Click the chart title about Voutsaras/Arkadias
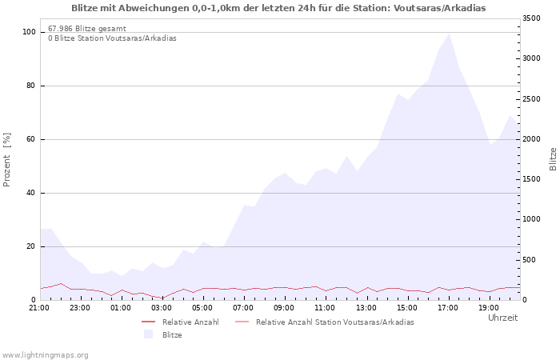pyautogui.click(x=278, y=8)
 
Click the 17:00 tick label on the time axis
pyautogui.click(x=448, y=308)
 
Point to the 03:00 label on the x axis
pyautogui.click(x=162, y=308)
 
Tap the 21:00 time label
pyautogui.click(x=39, y=308)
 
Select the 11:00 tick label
pyautogui.click(x=325, y=308)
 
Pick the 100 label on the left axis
pyautogui.click(x=29, y=32)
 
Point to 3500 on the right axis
pyautogui.click(x=531, y=18)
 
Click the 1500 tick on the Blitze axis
pyautogui.click(x=531, y=179)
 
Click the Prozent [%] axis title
pyautogui.click(x=6, y=160)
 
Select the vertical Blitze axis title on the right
pyautogui.click(x=553, y=159)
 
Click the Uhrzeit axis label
pyautogui.click(x=503, y=318)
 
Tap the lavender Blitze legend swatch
pyautogui.click(x=148, y=334)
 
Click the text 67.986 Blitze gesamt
pyautogui.click(x=87, y=29)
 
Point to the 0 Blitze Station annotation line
pyautogui.click(x=112, y=38)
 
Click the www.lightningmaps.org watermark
pyautogui.click(x=44, y=355)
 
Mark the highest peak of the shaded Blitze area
pyautogui.click(x=449, y=34)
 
